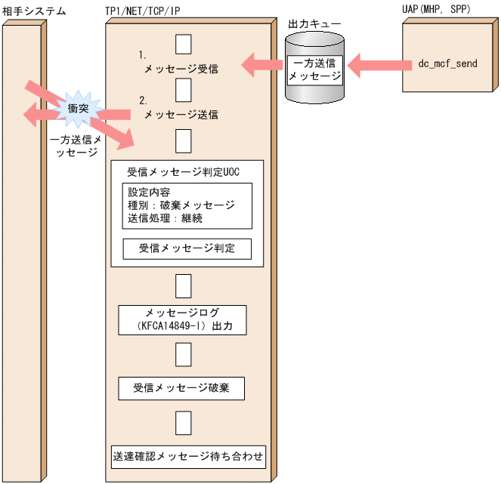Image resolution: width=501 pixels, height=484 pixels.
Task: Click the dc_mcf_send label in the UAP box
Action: tap(447, 64)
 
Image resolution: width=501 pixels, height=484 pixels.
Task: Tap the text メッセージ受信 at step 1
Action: tap(181, 69)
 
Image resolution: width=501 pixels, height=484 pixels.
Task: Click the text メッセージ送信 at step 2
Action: tap(181, 115)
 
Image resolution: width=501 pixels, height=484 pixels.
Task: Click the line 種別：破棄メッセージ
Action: tap(181, 205)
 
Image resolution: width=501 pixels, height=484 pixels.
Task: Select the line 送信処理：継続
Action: tap(165, 218)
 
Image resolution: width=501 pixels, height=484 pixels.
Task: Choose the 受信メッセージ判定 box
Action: tap(187, 248)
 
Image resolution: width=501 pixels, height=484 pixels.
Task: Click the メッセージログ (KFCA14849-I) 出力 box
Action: tap(183, 319)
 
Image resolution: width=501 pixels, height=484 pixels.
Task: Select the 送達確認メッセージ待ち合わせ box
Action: tap(188, 456)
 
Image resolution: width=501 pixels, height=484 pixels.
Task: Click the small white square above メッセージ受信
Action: tap(183, 44)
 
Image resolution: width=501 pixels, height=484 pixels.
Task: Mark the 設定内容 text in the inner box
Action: tap(148, 191)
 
